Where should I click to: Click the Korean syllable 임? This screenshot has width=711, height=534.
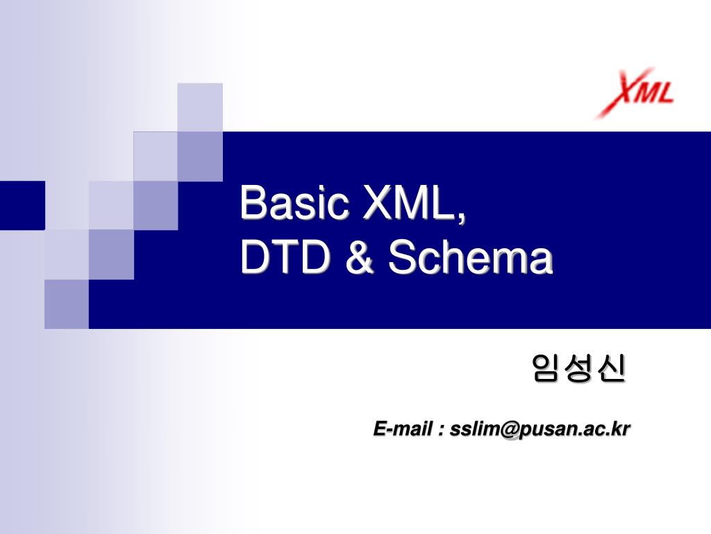pos(547,369)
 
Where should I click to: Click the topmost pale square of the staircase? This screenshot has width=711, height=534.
pos(200,106)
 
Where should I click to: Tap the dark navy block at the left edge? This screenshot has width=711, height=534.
pos(22,205)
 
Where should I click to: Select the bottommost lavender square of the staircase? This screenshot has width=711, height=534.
pos(67,304)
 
